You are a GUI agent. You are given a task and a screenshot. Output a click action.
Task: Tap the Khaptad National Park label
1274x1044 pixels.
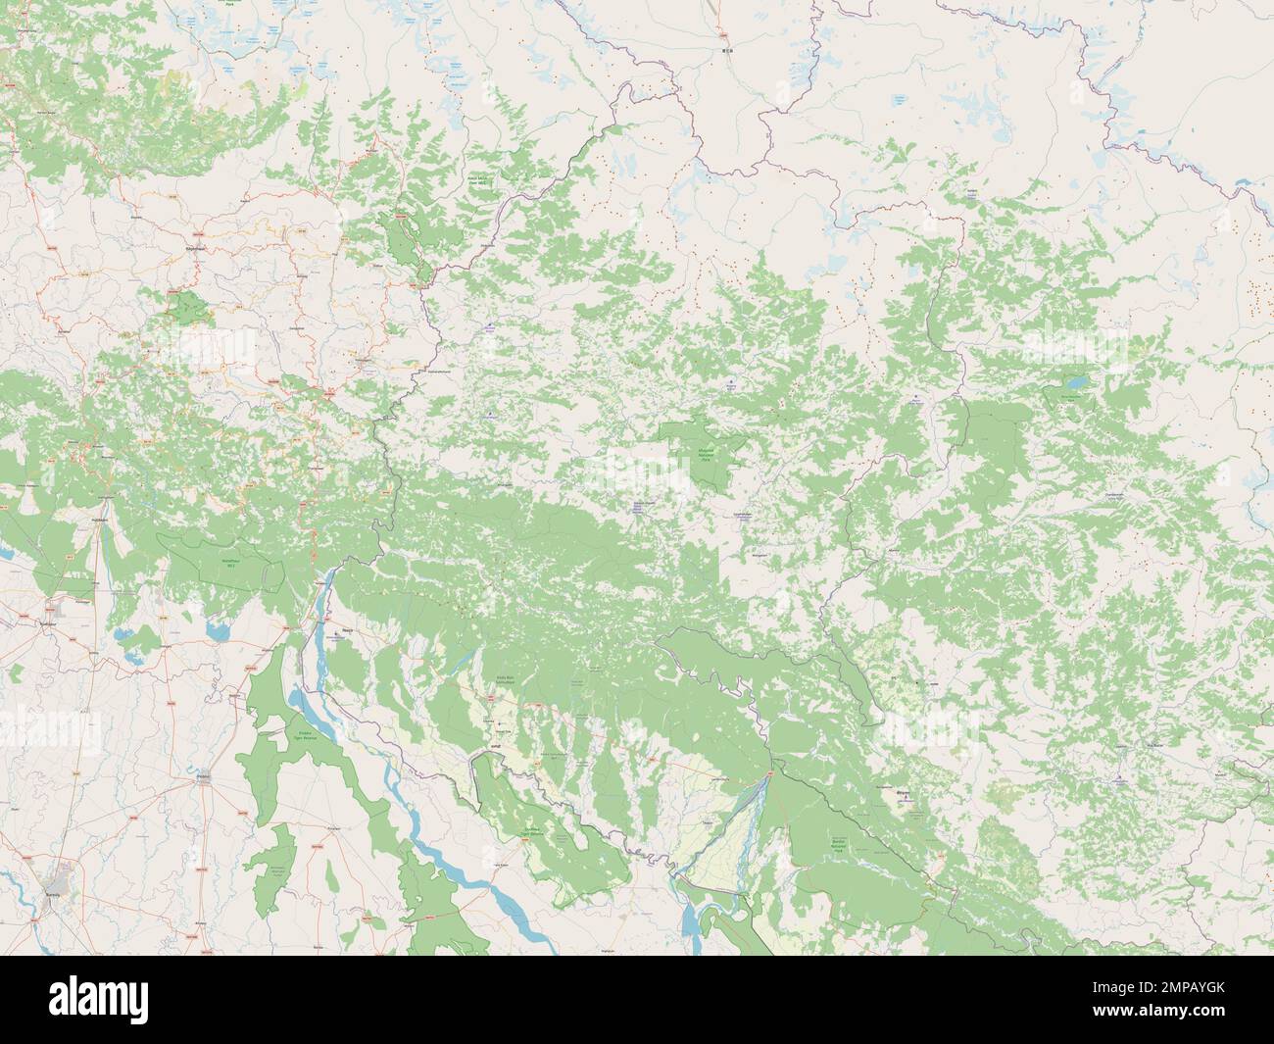point(705,455)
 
